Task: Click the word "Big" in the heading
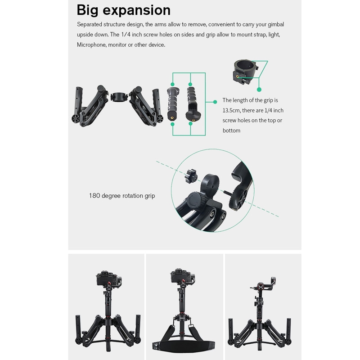click(88, 10)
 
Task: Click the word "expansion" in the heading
click(137, 10)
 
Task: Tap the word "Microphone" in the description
click(91, 45)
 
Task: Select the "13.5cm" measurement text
click(231, 110)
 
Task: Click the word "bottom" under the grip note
click(231, 130)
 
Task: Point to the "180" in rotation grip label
click(94, 196)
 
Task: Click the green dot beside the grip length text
click(215, 102)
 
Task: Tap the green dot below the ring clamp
click(259, 90)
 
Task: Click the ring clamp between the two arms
click(119, 97)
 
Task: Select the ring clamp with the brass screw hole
click(245, 72)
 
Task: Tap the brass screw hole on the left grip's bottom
click(172, 117)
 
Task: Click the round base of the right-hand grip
click(193, 117)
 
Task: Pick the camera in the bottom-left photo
click(108, 279)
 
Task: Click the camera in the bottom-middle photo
click(182, 277)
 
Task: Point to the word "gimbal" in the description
click(276, 24)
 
